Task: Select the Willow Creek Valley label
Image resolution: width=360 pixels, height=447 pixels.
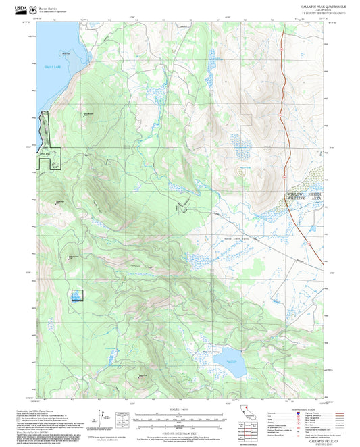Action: coord(237,238)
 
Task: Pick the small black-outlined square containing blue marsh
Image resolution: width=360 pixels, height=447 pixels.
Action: coord(78,295)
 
